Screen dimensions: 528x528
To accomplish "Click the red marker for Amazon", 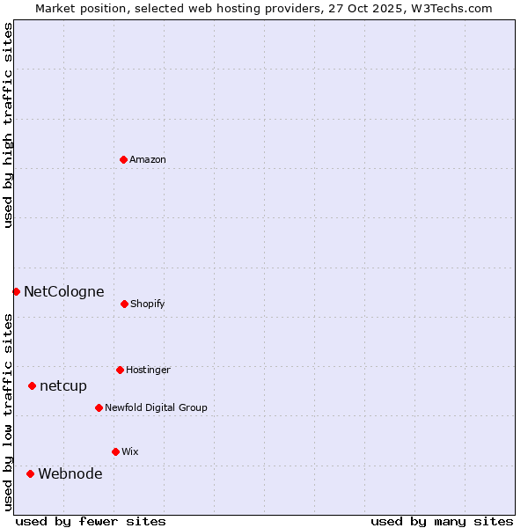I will point(123,159).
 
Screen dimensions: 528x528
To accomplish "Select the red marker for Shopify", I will point(124,304).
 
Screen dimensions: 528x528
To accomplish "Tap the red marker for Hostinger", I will point(120,370).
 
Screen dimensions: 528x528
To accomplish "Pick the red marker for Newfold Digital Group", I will point(99,407).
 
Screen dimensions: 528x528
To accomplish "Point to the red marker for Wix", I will point(115,451).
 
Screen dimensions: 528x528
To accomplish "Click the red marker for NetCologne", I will point(16,291).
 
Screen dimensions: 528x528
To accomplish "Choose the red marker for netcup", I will point(32,385).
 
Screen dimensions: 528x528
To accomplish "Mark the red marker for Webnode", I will point(30,473).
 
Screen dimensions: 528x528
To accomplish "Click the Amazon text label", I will point(148,159).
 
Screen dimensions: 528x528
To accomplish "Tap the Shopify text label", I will point(148,304).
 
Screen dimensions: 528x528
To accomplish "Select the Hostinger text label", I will point(148,370).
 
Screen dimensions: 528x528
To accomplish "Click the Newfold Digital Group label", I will point(156,407).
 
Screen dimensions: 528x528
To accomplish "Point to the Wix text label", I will point(130,451).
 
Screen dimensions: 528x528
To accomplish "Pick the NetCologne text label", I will point(64,291).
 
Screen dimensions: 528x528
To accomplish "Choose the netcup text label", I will point(63,385).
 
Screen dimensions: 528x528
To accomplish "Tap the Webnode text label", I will point(70,473).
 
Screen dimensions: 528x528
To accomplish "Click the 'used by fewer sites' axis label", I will point(91,521).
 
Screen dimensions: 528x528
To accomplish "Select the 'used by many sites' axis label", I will point(442,521).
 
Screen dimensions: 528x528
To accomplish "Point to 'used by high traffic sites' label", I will point(8,125).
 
